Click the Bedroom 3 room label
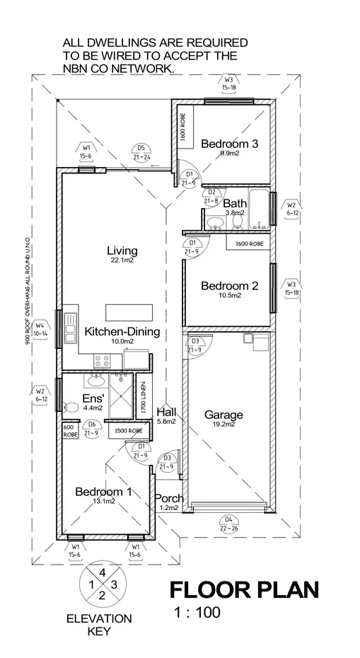229,144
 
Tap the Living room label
122,250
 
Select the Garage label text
223,415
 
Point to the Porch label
169,498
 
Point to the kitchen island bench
129,312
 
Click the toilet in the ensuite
71,408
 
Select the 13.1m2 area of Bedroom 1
105,501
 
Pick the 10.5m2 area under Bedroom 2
229,296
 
